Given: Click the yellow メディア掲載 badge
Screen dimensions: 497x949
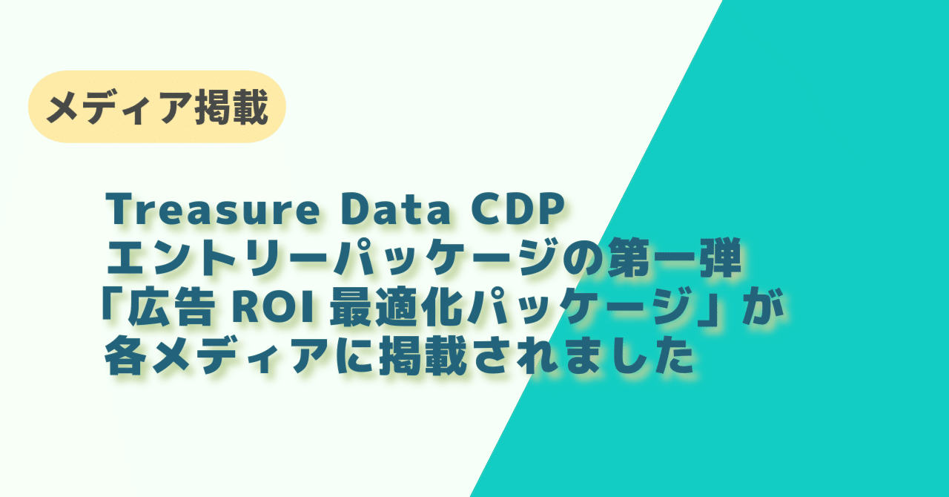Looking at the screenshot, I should click(156, 108).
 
